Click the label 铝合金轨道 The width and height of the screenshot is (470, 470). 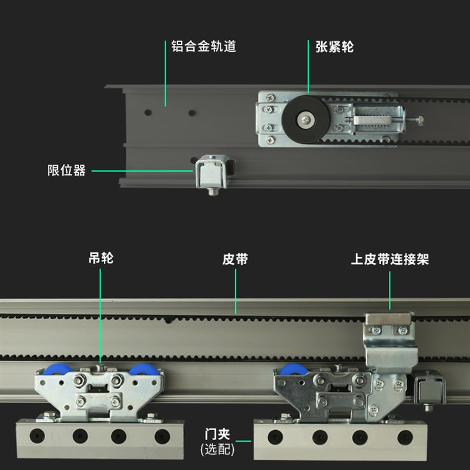pos(203,46)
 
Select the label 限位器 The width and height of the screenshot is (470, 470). pos(66,171)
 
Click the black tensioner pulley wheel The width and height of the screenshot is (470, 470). pos(307,120)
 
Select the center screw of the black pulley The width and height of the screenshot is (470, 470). pos(307,120)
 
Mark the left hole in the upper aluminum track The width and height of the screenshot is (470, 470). pos(148,111)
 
